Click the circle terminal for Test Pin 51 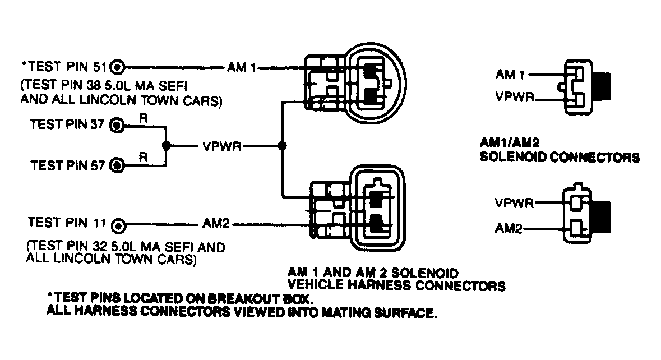(117, 67)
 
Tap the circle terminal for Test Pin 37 (117, 125)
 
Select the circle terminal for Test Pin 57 (117, 165)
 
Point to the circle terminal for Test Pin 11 (117, 225)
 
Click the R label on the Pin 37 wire (144, 118)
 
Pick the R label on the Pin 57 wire (144, 158)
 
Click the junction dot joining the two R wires (167, 145)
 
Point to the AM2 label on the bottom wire (215, 225)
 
